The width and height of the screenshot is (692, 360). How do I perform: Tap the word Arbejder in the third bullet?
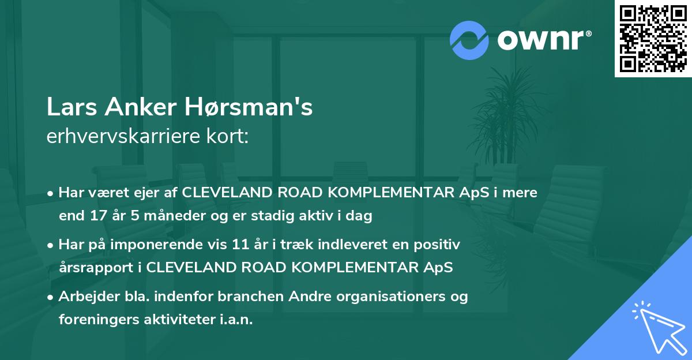(84, 297)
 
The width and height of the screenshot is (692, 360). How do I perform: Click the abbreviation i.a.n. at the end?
(236, 320)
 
